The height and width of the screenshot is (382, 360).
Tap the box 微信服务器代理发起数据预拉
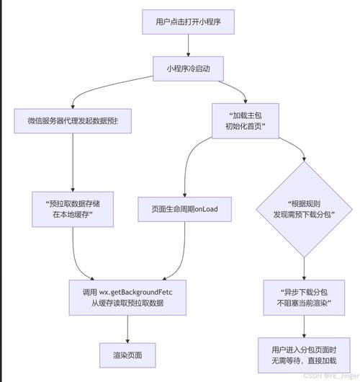tap(73, 120)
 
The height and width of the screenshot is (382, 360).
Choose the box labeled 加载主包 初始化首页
tap(245, 120)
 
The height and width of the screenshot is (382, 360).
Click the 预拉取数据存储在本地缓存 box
tap(73, 209)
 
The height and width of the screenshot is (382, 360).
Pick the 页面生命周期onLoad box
tap(185, 209)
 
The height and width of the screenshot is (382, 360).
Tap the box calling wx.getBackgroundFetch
tap(127, 296)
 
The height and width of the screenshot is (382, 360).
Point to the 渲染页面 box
tap(127, 355)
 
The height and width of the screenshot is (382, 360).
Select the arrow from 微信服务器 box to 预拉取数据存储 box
tap(73, 162)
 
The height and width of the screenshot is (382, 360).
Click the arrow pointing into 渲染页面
tap(127, 328)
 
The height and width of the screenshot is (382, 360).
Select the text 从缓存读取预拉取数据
tap(127, 303)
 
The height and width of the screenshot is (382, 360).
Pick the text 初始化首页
tap(245, 127)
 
